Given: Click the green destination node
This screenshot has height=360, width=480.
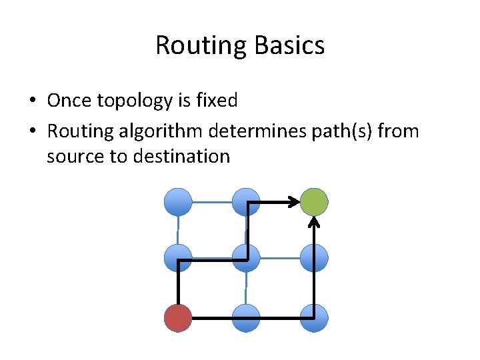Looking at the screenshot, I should tap(314, 201).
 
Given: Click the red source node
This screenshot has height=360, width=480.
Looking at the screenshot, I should tap(178, 318).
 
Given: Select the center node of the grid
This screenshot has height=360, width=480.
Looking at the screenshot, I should tap(247, 258).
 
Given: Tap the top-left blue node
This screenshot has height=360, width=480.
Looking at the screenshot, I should tap(178, 201).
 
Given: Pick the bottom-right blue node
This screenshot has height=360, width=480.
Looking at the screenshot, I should tap(314, 318).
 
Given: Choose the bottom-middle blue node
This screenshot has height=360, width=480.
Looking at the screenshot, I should tap(247, 318).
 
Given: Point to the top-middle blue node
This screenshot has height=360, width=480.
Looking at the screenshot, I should tap(247, 201).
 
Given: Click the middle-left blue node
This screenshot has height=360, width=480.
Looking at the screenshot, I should tap(178, 258).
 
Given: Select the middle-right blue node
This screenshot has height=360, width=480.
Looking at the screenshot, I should tap(314, 258).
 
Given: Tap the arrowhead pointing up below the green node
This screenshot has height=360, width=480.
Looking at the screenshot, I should tap(315, 221).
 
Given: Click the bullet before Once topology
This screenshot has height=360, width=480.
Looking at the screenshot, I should tap(32, 101).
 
